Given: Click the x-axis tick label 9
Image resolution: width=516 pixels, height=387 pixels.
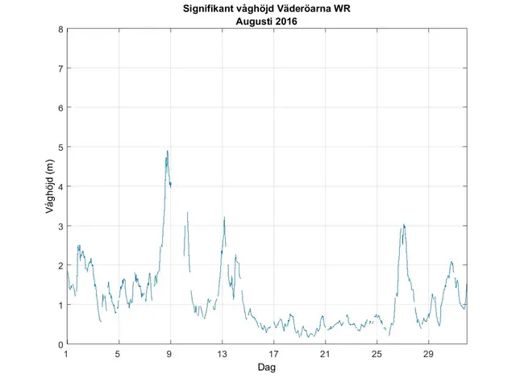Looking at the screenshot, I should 170,353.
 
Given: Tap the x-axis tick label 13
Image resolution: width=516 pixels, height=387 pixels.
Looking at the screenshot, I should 222,353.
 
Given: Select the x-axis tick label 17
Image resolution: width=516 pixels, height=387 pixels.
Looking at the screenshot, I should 273,353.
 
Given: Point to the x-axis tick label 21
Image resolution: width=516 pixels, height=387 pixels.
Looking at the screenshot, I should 325,353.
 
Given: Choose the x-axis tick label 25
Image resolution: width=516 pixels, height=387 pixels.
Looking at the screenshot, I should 377,353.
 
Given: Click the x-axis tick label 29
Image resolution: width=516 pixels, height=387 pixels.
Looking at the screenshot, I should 428,353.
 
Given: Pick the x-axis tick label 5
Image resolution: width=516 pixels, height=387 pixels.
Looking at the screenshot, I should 119,353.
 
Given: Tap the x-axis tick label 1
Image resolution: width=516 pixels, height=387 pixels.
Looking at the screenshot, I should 67,353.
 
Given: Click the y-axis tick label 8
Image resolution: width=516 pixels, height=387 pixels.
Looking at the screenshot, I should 60,29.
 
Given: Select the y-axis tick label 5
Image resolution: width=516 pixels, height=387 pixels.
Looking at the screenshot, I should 60,148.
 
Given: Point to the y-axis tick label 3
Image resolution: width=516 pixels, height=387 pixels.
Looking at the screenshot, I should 60,226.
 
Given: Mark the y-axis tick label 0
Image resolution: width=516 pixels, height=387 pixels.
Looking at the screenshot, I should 60,344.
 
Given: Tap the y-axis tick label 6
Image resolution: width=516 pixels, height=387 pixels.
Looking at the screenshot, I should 60,108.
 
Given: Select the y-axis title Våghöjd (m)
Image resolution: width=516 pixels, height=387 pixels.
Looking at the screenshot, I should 50,186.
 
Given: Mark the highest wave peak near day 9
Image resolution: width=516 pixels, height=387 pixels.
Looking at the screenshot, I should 167,151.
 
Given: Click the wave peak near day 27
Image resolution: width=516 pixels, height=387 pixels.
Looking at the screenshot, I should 403,225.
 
